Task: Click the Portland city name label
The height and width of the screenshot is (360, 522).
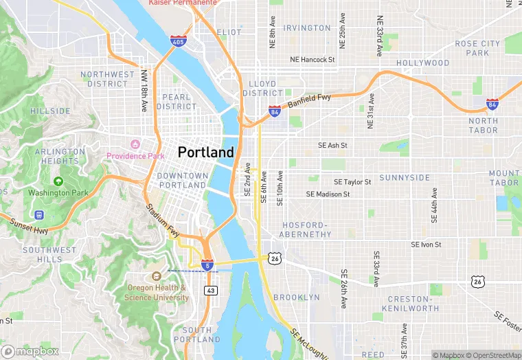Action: click(x=205, y=153)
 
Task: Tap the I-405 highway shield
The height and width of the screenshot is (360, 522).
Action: click(x=178, y=42)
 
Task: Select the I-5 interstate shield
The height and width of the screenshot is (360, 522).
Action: click(x=207, y=265)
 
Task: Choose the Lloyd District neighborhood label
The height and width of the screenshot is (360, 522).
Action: click(x=262, y=88)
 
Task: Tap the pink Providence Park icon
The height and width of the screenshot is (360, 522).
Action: click(x=135, y=144)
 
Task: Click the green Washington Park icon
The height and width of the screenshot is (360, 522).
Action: click(x=58, y=181)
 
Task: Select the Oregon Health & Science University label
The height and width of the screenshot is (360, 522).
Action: click(x=157, y=293)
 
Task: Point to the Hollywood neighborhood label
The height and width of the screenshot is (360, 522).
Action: click(x=422, y=63)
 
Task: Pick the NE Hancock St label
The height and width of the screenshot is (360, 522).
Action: click(x=312, y=60)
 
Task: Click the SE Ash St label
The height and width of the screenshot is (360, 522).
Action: click(x=332, y=146)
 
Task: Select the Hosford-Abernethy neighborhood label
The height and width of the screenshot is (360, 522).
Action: click(x=306, y=229)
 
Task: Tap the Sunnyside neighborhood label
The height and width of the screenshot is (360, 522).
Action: click(x=405, y=177)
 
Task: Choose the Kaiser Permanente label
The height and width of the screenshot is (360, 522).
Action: click(x=183, y=3)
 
